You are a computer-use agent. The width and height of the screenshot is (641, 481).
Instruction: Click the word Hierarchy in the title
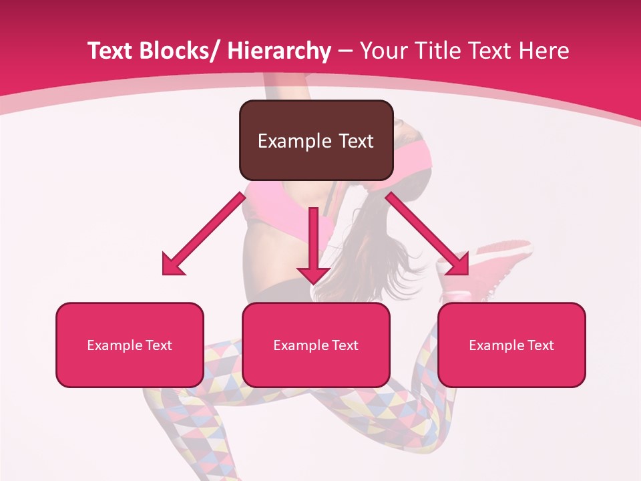[x=279, y=51]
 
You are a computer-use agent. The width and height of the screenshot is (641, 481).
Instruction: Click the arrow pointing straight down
[x=313, y=240]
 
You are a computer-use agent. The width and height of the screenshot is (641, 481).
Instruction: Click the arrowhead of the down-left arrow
[x=172, y=265]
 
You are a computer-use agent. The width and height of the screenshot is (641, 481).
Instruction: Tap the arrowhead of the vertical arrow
[x=313, y=274]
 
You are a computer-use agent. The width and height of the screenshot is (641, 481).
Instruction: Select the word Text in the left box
[x=160, y=345]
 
